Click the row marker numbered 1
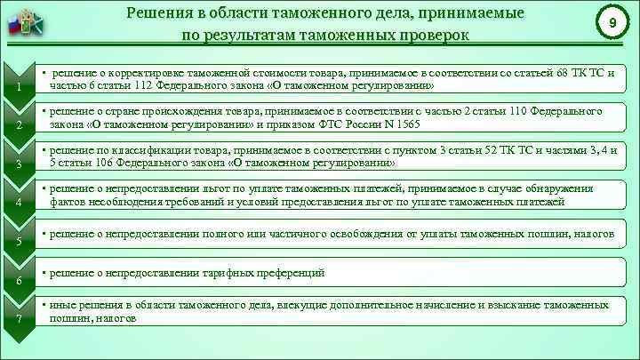[x=19, y=86]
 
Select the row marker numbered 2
[x=19, y=124]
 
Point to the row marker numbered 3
[x=19, y=164]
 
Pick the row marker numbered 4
[x=19, y=204]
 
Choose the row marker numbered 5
[x=19, y=242]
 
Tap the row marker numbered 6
[x=19, y=281]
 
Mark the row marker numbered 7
[x=19, y=320]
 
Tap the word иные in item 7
[x=63, y=305]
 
